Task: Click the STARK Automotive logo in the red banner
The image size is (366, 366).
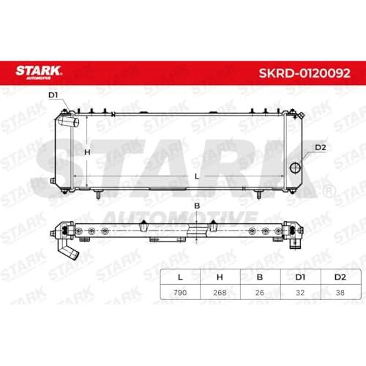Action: click(x=38, y=72)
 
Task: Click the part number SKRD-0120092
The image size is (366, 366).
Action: click(x=305, y=73)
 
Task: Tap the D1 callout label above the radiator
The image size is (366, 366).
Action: click(x=53, y=95)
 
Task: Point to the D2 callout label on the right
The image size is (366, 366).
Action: click(x=321, y=147)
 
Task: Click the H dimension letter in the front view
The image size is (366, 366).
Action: click(x=87, y=152)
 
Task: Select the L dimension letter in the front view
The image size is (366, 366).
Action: click(x=197, y=176)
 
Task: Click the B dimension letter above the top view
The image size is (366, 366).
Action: click(x=197, y=206)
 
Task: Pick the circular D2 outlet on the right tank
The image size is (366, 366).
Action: click(x=295, y=168)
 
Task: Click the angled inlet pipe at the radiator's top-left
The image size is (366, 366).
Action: click(x=69, y=121)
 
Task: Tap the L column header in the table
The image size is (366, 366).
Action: click(x=180, y=277)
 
